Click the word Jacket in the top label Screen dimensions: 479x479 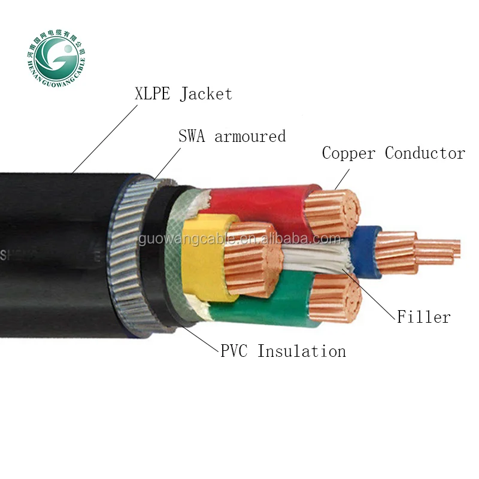205,94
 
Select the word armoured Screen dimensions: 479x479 250,137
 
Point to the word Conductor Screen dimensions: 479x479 425,153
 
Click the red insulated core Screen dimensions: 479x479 263,207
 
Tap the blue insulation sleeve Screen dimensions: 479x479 365,251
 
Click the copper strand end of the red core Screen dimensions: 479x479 332,213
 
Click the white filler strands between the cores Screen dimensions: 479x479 317,260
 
